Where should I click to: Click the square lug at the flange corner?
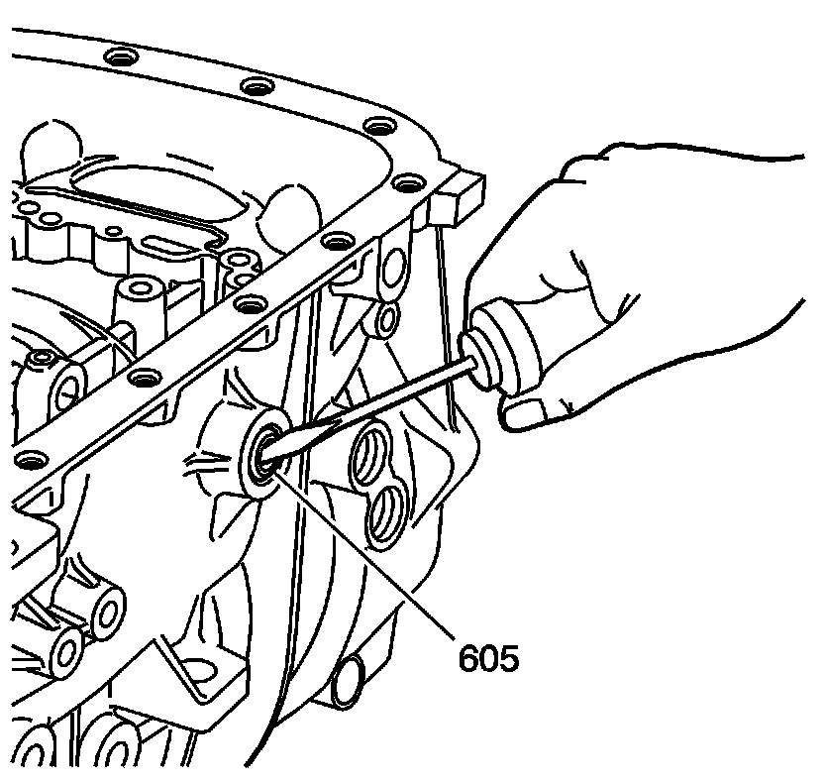(x=458, y=194)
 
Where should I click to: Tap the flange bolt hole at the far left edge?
(x=30, y=459)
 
